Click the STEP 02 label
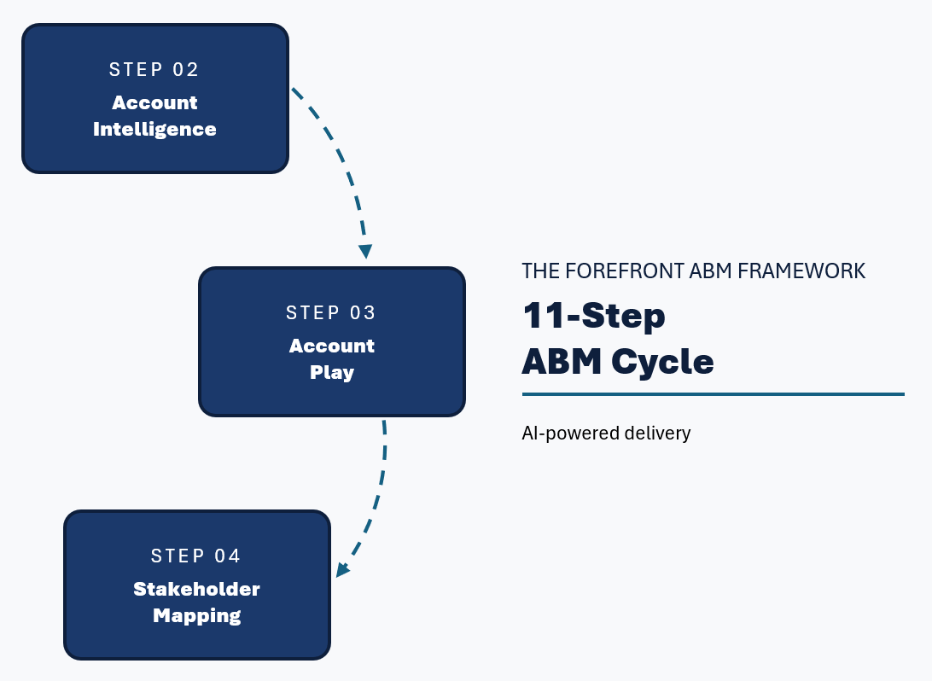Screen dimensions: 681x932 tap(154, 70)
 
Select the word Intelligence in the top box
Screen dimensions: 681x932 tap(154, 130)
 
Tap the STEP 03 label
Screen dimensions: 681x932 tap(331, 313)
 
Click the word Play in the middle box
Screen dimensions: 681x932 tap(332, 373)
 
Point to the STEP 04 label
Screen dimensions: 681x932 tap(196, 556)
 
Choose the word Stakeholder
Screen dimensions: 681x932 tap(196, 590)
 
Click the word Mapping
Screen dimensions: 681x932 tap(196, 615)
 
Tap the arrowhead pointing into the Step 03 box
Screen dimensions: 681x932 tap(365, 252)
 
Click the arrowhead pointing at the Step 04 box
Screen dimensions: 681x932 tap(342, 569)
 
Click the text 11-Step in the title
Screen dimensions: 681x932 tap(593, 317)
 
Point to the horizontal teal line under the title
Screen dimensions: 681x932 tap(713, 394)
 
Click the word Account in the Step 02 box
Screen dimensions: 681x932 tap(154, 103)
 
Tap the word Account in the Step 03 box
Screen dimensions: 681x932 tap(332, 346)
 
